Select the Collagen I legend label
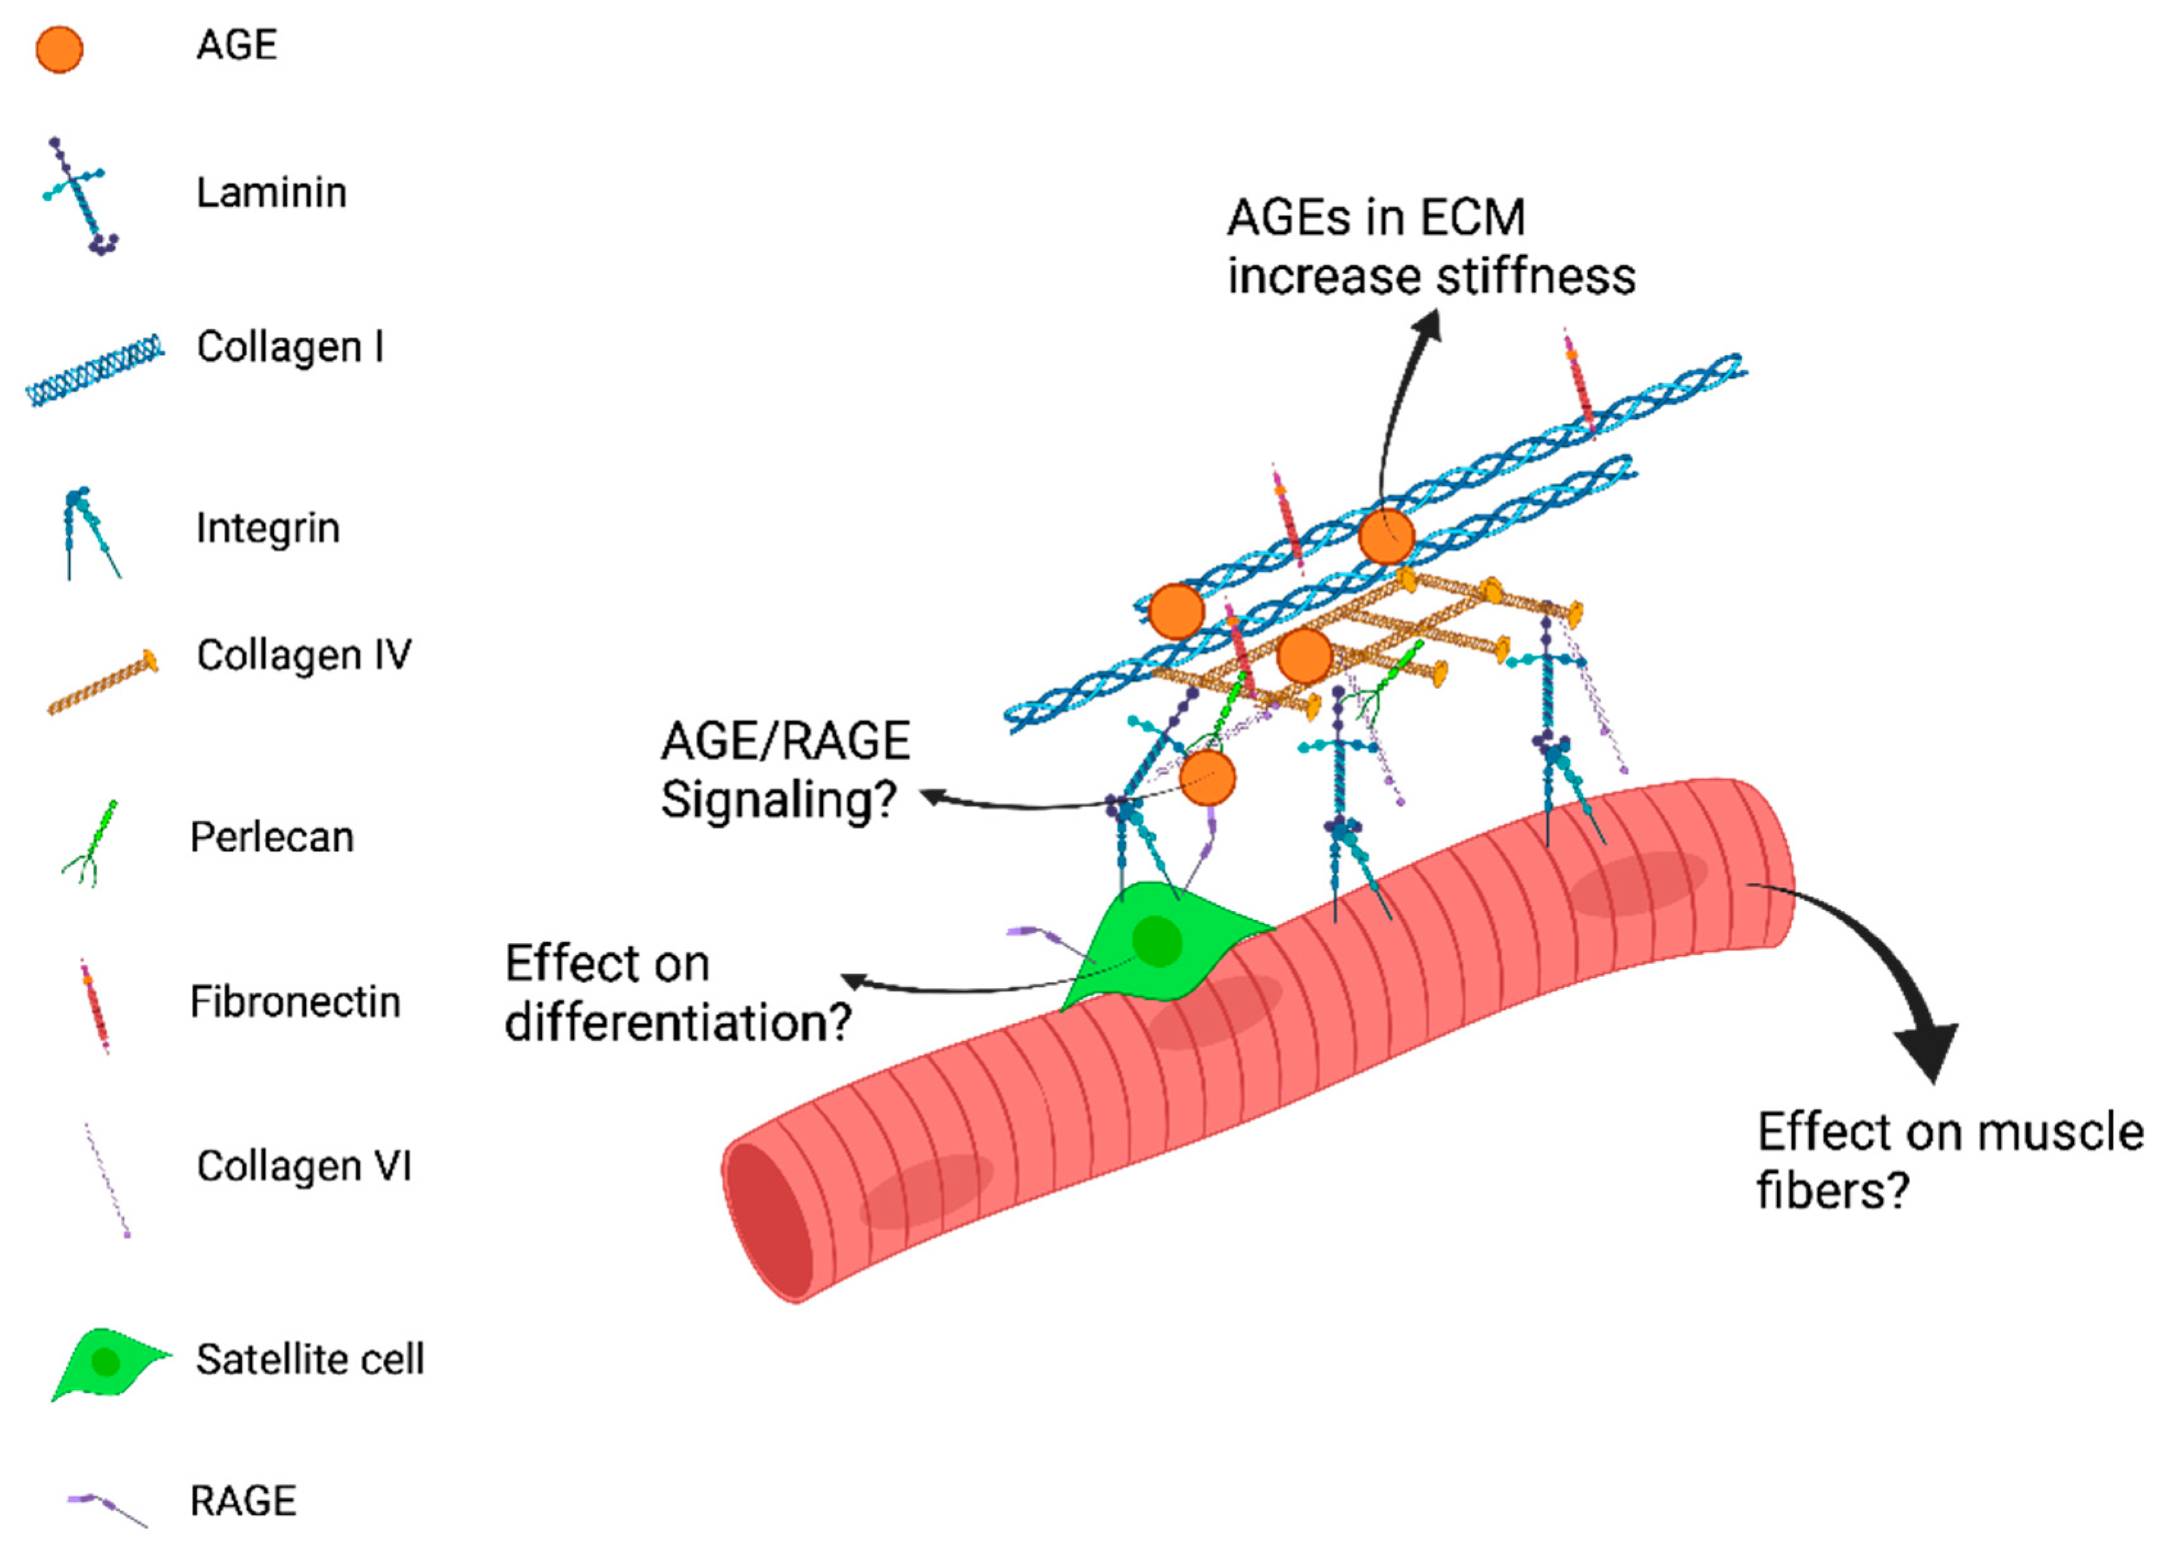pos(290,347)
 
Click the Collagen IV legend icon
pos(103,681)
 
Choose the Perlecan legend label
pos(272,837)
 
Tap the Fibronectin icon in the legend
pos(95,1006)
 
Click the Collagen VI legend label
pos(304,1166)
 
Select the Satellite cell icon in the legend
pos(107,1363)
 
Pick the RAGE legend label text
pos(243,1501)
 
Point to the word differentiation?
pos(677,1022)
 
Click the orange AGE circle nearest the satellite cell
pos(1207,778)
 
